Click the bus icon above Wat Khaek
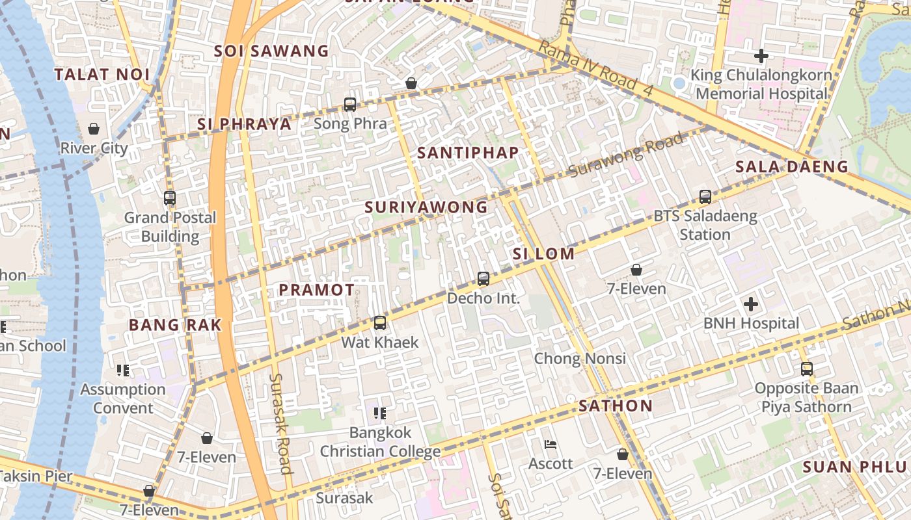pyautogui.click(x=380, y=322)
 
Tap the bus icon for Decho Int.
pyautogui.click(x=483, y=279)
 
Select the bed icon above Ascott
pyautogui.click(x=551, y=445)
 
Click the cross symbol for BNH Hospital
pyautogui.click(x=751, y=304)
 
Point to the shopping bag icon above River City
pyautogui.click(x=94, y=129)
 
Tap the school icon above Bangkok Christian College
pyautogui.click(x=380, y=413)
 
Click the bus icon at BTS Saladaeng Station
pyautogui.click(x=705, y=196)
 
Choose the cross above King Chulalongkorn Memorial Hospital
pyautogui.click(x=761, y=56)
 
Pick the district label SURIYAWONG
pyautogui.click(x=426, y=207)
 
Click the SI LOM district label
pyautogui.click(x=543, y=254)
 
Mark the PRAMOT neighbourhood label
pyautogui.click(x=317, y=290)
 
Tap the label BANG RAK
pyautogui.click(x=175, y=325)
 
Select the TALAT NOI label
pyautogui.click(x=102, y=75)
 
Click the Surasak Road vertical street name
pyautogui.click(x=280, y=422)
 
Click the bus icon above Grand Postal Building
pyautogui.click(x=170, y=198)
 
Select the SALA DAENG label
pyautogui.click(x=791, y=167)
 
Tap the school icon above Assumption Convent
pyautogui.click(x=123, y=370)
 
